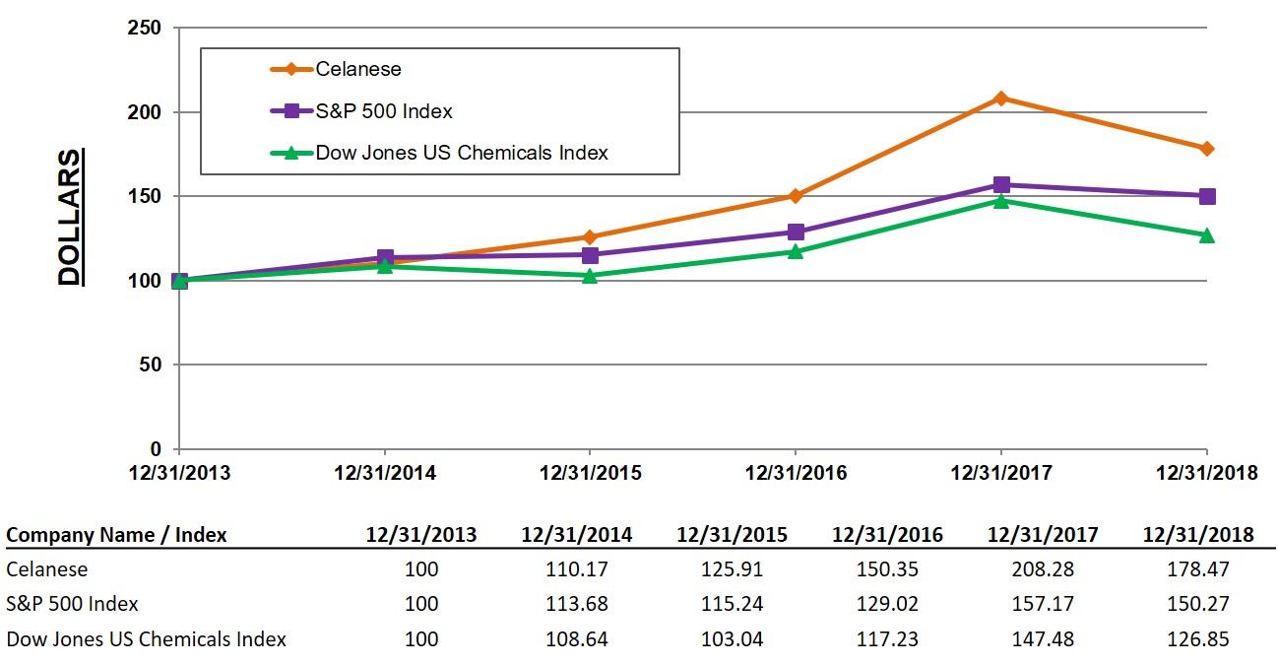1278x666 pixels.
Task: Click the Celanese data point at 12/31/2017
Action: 1001,99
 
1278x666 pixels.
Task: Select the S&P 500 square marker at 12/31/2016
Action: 796,233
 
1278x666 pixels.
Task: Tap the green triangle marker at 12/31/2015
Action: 590,276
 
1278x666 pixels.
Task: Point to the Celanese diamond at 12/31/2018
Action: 1207,149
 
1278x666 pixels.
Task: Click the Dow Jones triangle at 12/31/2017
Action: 1001,201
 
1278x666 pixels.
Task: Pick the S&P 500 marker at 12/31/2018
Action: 1207,196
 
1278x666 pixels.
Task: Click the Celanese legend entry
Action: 358,69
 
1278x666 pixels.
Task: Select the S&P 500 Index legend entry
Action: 384,111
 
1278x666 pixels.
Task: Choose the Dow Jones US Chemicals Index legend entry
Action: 461,153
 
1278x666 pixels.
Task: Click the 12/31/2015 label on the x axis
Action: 590,473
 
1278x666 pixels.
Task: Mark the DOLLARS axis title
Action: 69,218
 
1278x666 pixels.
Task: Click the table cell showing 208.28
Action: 1043,569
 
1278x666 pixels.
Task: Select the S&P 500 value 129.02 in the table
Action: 887,604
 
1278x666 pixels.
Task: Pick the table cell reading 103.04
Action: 732,639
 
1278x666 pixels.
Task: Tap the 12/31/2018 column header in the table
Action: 1198,535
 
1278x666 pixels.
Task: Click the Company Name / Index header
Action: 116,535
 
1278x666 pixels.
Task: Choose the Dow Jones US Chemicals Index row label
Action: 147,639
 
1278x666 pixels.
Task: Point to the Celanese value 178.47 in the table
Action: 1198,569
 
